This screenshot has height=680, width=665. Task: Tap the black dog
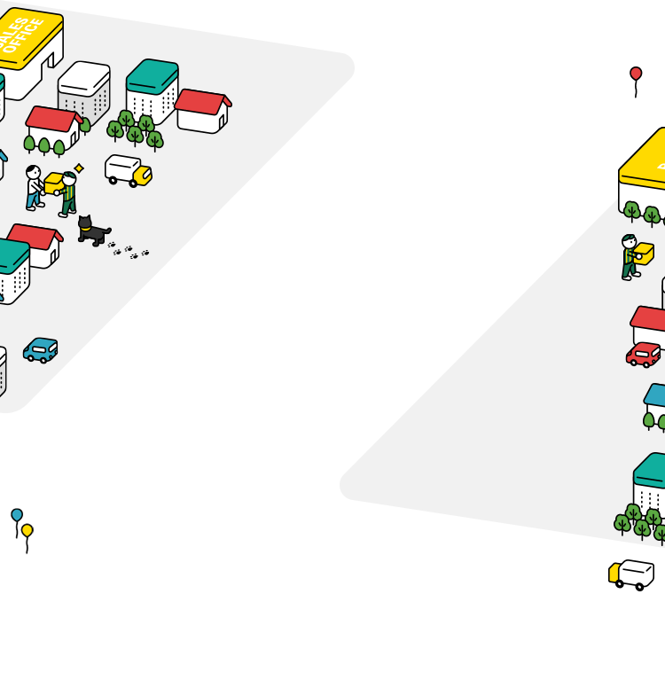point(90,231)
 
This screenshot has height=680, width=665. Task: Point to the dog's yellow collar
point(84,228)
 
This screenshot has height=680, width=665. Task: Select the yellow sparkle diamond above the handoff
point(79,168)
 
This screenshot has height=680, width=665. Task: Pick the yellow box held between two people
point(53,184)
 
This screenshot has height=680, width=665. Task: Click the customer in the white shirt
point(34,186)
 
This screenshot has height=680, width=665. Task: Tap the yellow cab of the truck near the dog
point(143,176)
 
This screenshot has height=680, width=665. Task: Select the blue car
point(41,349)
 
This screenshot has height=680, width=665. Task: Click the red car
point(644,355)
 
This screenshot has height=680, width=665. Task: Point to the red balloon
point(636,73)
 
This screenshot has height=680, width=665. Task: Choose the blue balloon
point(17,514)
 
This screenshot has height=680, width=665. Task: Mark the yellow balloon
point(27,530)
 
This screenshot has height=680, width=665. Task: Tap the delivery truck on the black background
point(633,574)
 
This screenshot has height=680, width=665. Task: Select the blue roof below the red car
point(655,393)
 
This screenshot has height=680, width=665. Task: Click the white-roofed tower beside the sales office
point(84,89)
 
